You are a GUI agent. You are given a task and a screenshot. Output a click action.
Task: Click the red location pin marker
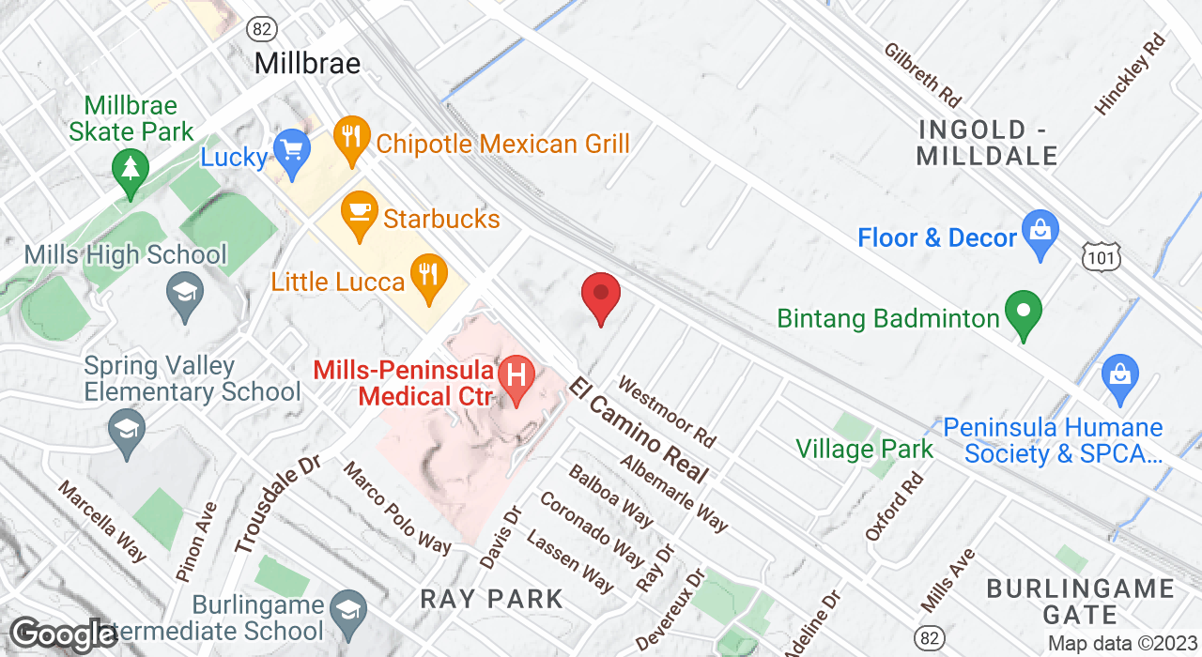pos(601,295)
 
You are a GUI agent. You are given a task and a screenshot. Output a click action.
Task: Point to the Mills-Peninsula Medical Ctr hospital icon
pos(516,376)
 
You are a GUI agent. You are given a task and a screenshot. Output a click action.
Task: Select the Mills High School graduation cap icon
pos(185,292)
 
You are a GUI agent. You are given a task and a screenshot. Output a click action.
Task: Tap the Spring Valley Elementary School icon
pos(125,431)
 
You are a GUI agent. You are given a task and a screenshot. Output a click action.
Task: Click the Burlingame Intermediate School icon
pos(349,606)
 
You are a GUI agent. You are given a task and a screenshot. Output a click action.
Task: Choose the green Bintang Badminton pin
pos(1024,312)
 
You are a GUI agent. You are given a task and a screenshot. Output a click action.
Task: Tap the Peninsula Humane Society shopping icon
pos(1119,373)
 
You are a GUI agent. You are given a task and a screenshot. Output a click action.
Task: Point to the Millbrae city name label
pos(308,64)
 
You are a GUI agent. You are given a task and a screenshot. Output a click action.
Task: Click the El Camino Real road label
pos(638,431)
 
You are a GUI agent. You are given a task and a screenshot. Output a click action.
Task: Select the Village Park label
pos(864,449)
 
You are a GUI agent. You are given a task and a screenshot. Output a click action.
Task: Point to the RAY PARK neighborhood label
pos(491,598)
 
